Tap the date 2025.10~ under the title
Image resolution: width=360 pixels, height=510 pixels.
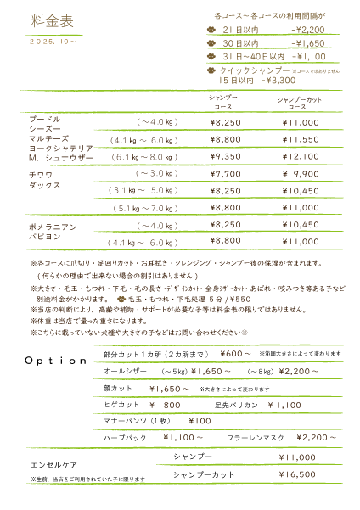coord(53,41)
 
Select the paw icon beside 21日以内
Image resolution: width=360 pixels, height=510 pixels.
coord(211,29)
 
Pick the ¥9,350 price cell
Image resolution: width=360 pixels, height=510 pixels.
coord(225,157)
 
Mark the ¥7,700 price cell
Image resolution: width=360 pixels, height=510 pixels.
coord(225,173)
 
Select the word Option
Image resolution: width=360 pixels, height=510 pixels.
coord(57,361)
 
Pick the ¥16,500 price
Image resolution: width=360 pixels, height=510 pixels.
coord(298,475)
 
